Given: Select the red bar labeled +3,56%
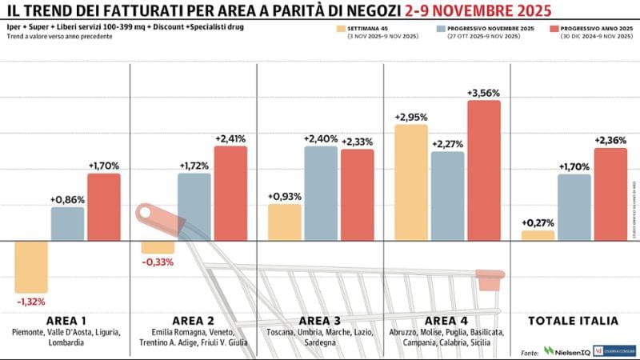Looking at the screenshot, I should pos(483,170).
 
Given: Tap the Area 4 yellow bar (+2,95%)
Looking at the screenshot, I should pos(410,182).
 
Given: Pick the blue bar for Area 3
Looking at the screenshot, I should pos(320,193).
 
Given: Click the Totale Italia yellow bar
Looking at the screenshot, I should pos(538,235).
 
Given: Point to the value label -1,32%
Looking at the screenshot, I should pos(31,302).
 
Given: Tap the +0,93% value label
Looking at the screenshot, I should pos(285,196).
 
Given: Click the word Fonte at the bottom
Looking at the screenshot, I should pos(529,352).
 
